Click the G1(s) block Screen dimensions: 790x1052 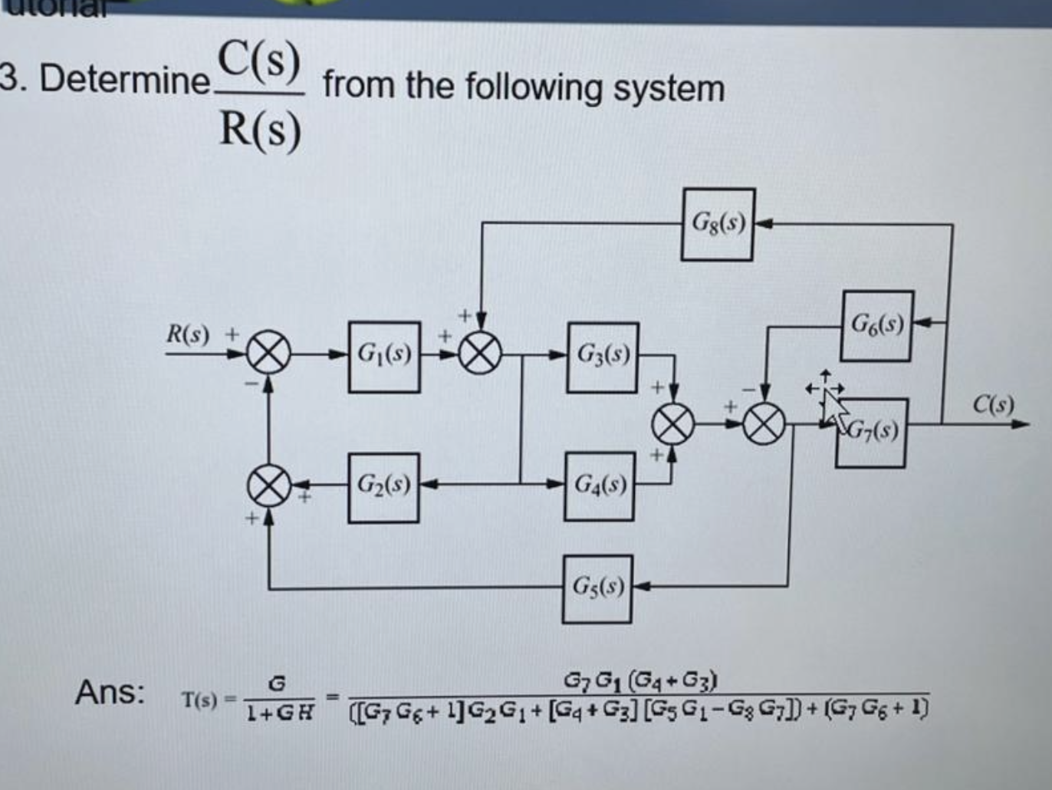[x=384, y=357]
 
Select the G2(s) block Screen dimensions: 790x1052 [x=383, y=487]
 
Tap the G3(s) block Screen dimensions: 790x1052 [x=603, y=357]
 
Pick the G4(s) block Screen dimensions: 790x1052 [x=600, y=486]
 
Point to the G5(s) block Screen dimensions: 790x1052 [x=597, y=588]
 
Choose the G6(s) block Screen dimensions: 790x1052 [x=877, y=326]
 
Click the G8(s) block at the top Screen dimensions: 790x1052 [x=718, y=224]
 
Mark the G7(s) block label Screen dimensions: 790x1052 [x=874, y=431]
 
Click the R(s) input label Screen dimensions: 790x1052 [x=188, y=334]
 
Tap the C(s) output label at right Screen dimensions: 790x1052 [x=994, y=403]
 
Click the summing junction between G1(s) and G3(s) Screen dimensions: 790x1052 [x=480, y=355]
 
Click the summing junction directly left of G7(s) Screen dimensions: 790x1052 [x=764, y=423]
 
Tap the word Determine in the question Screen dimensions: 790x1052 [x=124, y=79]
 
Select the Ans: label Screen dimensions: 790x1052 [x=110, y=692]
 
